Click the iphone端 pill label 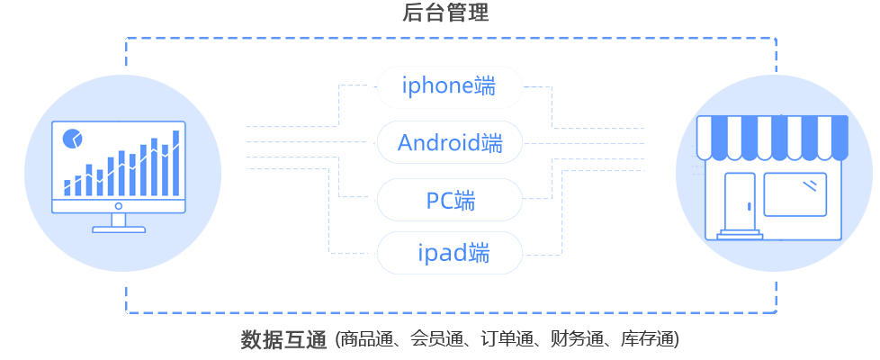click(449, 87)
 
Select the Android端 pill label click(449, 143)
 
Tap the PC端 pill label click(449, 200)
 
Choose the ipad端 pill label click(449, 253)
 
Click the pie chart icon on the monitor click(72, 139)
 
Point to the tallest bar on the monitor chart click(175, 162)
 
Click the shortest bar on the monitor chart click(67, 187)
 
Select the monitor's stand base click(119, 229)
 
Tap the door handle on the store click(749, 207)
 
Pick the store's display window click(795, 193)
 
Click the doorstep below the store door click(740, 236)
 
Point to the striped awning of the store click(773, 136)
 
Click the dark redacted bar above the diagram click(445, 13)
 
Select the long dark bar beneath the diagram click(507, 339)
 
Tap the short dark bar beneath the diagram click(283, 339)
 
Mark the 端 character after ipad click(479, 253)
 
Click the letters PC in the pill click(439, 200)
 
